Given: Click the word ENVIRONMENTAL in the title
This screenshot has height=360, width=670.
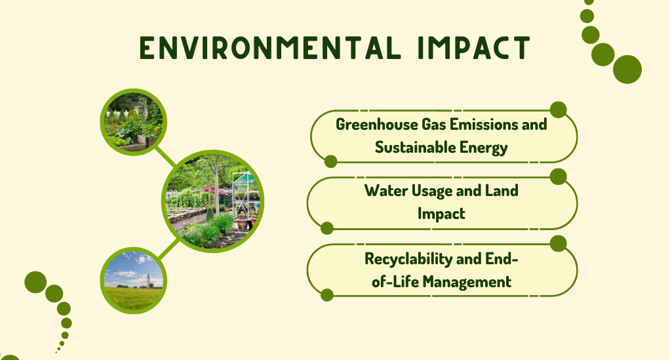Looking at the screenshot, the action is [271, 47].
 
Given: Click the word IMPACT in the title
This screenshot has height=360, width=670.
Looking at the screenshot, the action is [474, 47].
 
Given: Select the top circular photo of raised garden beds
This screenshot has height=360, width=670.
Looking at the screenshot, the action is [134, 122].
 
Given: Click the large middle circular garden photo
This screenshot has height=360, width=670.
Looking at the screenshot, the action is [213, 201].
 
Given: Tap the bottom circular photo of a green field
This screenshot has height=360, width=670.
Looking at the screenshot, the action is [134, 281].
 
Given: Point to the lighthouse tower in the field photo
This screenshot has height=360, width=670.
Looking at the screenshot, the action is [148, 281].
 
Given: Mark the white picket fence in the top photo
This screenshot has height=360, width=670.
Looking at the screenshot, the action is [118, 113].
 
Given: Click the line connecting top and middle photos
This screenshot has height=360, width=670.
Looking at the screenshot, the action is [165, 157].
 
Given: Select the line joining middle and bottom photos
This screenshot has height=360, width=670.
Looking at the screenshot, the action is [168, 249].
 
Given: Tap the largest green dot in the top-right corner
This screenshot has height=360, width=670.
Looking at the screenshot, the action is [627, 70].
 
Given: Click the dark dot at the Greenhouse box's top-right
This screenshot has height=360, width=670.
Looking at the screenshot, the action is [558, 110].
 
